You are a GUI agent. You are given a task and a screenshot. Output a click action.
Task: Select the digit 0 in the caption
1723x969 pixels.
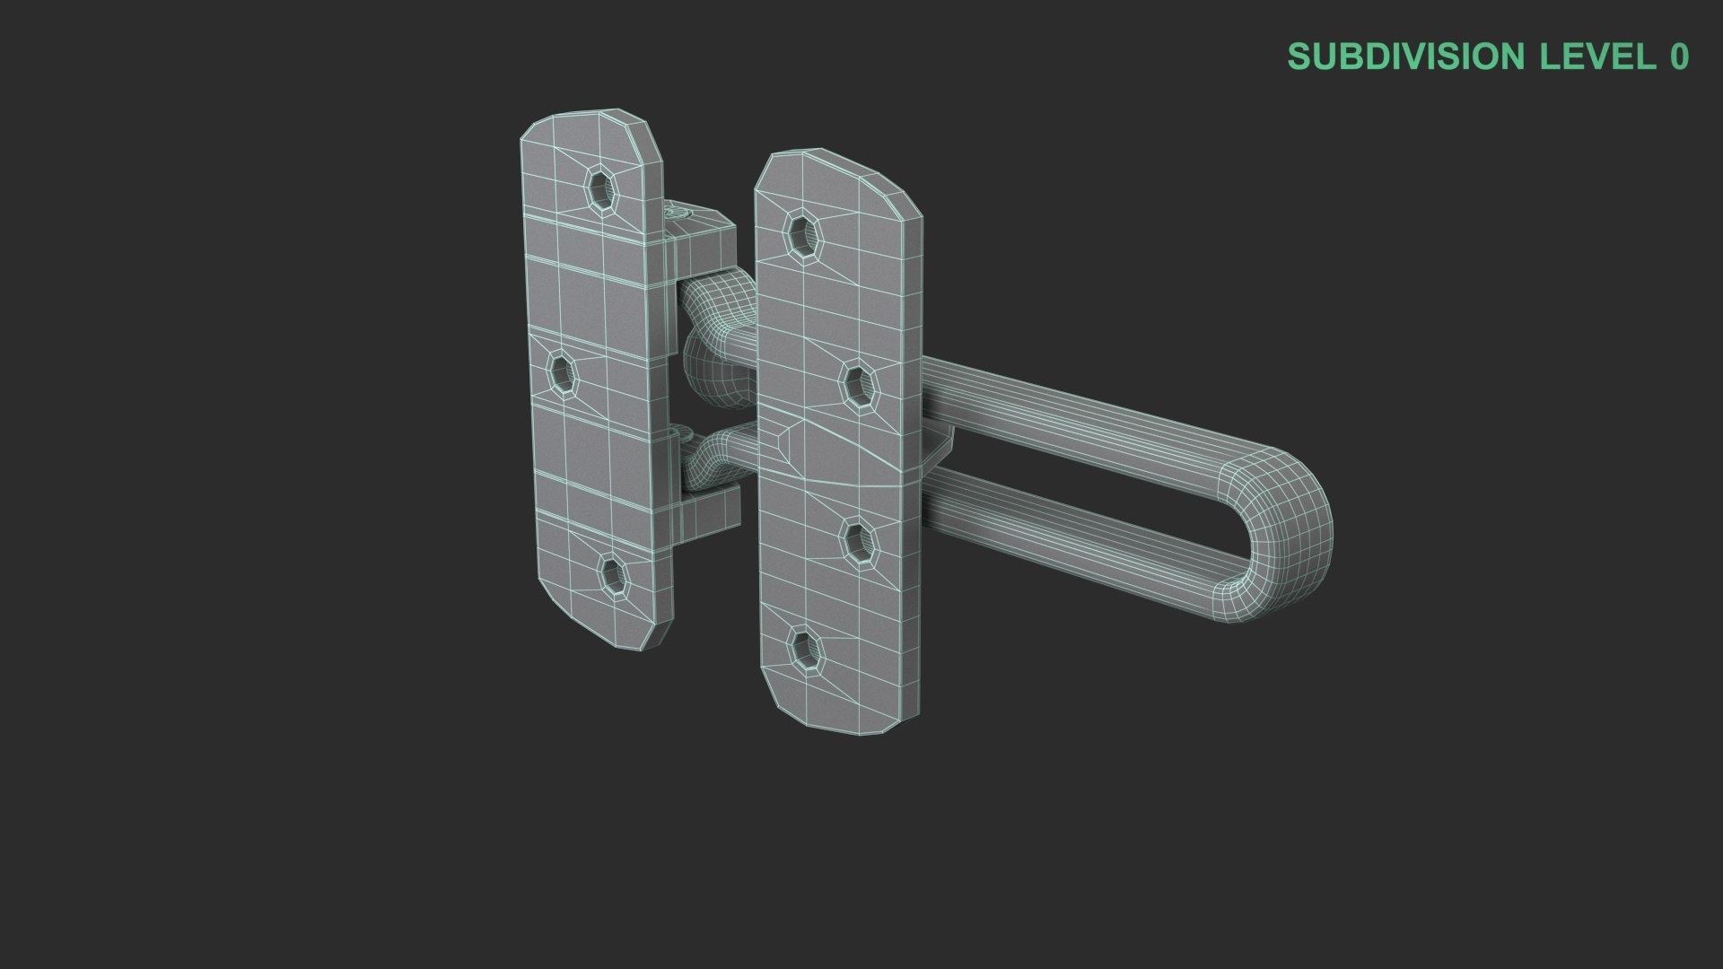(x=1678, y=57)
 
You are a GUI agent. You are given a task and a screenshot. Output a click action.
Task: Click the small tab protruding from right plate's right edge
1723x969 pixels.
(x=938, y=449)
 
